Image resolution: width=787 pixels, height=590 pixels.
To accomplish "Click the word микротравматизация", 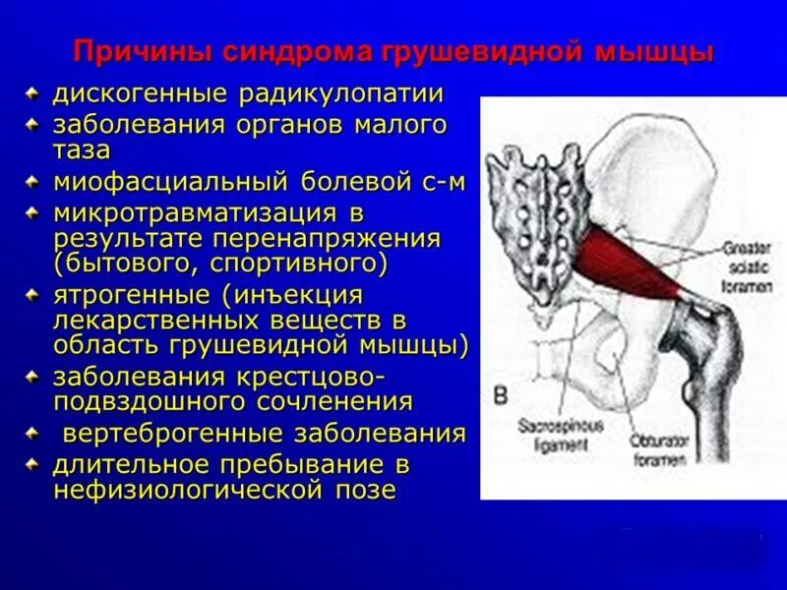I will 187,212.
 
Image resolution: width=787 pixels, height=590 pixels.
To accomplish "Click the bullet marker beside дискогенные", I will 33,94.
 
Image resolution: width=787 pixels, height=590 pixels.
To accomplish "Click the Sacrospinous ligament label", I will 562,434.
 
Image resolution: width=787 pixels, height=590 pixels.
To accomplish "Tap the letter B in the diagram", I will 500,395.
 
